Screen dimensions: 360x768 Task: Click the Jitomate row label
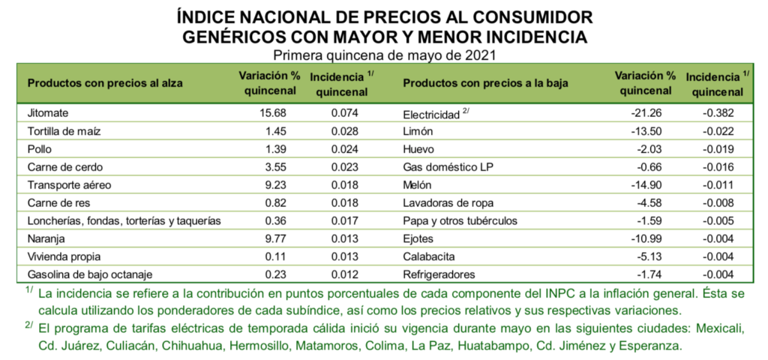tap(48, 113)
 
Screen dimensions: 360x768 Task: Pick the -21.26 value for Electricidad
tap(649, 113)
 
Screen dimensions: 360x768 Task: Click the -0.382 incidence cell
tap(716, 113)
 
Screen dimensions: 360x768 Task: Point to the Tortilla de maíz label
tap(64, 130)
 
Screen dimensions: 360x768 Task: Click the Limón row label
tap(418, 130)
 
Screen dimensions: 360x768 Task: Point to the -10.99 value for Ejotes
tap(649, 239)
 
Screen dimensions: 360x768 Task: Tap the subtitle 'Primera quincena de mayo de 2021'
tap(384, 55)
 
